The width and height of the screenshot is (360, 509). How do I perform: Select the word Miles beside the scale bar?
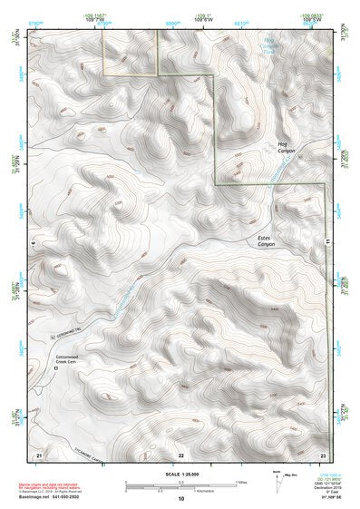(x=241, y=482)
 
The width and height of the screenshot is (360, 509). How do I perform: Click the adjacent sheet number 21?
(x=39, y=453)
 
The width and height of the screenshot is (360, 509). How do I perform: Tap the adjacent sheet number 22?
(x=180, y=453)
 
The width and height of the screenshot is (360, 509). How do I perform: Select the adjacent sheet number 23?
(x=323, y=453)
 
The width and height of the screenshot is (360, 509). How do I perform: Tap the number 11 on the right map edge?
(x=327, y=240)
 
